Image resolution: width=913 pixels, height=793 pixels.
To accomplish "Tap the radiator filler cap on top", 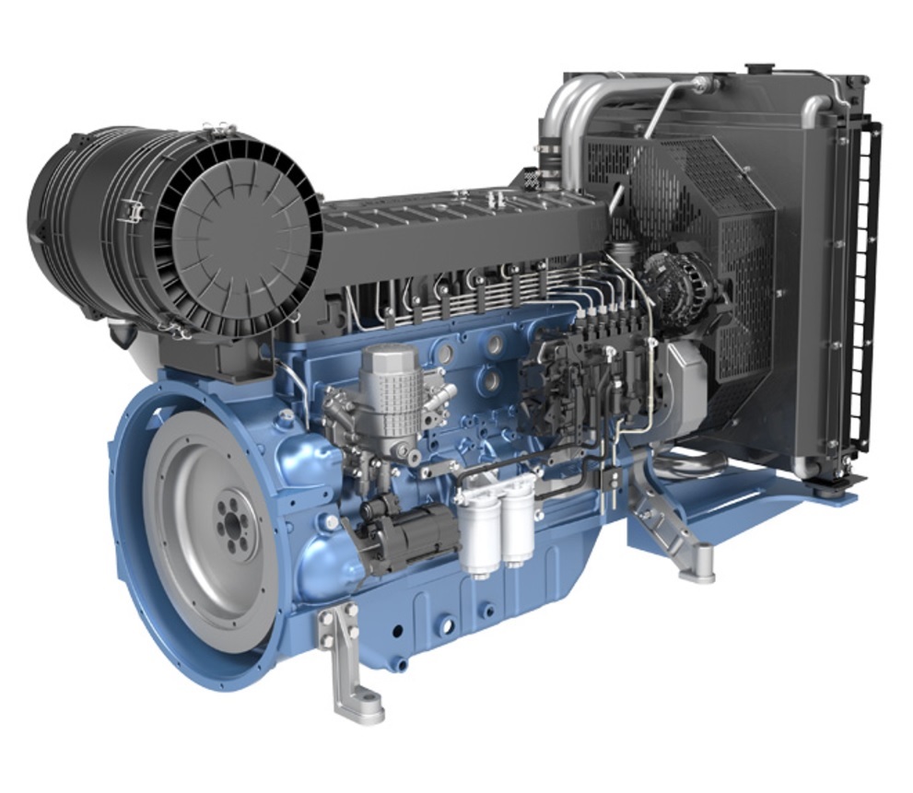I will pos(760,68).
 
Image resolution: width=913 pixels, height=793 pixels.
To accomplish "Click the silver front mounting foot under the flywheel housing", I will pos(351,668).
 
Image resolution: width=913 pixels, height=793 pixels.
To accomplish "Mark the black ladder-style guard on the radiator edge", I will pos(864,286).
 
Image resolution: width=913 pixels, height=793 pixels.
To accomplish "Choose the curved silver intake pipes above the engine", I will pos(590,101).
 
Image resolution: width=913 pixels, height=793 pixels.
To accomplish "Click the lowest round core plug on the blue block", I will pos(446,626).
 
